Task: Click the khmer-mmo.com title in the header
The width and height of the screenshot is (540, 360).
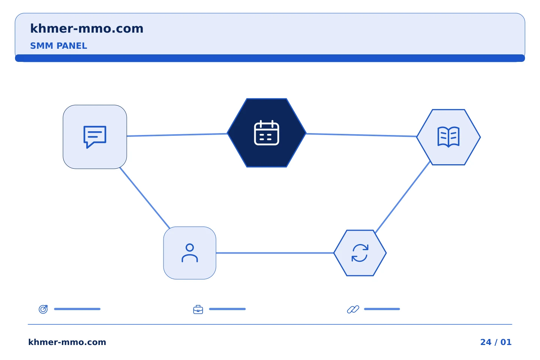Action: [x=87, y=29]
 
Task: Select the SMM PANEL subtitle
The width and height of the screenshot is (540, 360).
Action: [x=58, y=46]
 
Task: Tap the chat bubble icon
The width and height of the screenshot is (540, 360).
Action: [x=95, y=137]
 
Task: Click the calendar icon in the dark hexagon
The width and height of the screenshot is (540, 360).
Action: [x=267, y=133]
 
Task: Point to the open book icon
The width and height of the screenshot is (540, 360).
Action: [x=448, y=137]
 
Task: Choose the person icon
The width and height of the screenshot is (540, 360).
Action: [x=190, y=253]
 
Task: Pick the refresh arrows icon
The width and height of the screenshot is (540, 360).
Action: [x=360, y=253]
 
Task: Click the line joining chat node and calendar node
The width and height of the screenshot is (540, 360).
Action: [x=177, y=135]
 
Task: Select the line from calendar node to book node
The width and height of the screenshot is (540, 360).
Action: [x=361, y=135]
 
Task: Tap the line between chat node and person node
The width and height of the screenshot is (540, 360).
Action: [x=145, y=198]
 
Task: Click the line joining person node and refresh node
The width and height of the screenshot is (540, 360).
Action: [x=275, y=253]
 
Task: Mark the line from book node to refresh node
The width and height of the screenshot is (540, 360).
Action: [x=403, y=197]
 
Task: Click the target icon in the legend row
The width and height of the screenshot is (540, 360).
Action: [x=43, y=309]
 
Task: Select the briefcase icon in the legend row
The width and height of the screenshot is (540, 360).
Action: [x=198, y=309]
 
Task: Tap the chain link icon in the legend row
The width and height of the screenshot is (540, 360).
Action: [x=353, y=309]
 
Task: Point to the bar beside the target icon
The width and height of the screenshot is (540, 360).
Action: [x=77, y=309]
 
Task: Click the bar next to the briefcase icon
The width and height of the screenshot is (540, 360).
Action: [x=227, y=309]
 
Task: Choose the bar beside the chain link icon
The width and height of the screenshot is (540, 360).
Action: [x=382, y=309]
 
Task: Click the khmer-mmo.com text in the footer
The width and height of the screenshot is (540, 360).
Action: [x=67, y=342]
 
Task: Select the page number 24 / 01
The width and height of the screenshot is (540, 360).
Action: [x=496, y=342]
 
